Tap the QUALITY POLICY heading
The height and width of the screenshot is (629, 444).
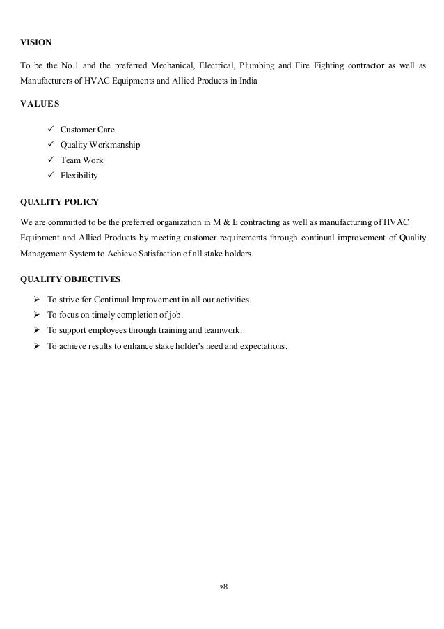pos(59,202)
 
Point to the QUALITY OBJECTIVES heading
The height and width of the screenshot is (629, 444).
pos(70,279)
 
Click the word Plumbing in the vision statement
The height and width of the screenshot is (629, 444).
pos(257,67)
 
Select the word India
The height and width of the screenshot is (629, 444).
pos(246,82)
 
